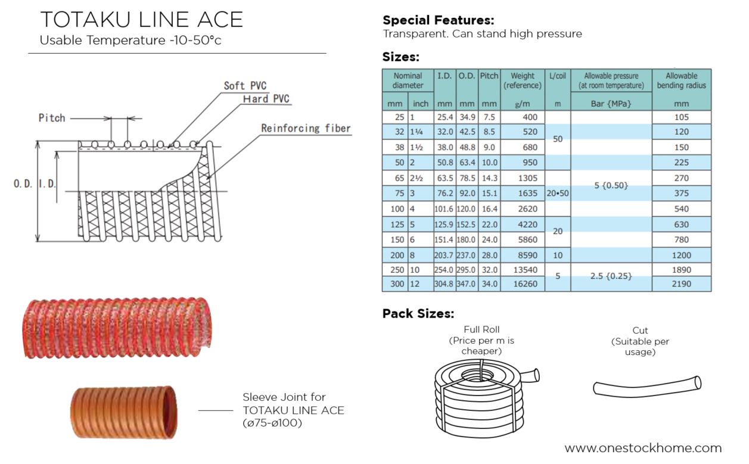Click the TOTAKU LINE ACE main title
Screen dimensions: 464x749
tap(141, 20)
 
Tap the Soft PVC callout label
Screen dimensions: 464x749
tap(245, 86)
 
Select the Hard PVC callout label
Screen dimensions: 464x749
tap(266, 99)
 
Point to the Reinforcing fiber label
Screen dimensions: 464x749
tap(306, 128)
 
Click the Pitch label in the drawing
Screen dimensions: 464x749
tap(52, 118)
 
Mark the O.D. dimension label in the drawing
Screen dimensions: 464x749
tap(23, 184)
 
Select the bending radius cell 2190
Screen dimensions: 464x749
tap(681, 284)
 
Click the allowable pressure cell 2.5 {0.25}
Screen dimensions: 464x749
tap(611, 276)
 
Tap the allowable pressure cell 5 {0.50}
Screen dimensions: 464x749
tap(611, 186)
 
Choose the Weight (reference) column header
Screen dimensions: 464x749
tap(523, 80)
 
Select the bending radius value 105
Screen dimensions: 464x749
tap(681, 117)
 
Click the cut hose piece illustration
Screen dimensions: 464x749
tap(647, 387)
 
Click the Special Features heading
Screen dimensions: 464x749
tap(438, 20)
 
